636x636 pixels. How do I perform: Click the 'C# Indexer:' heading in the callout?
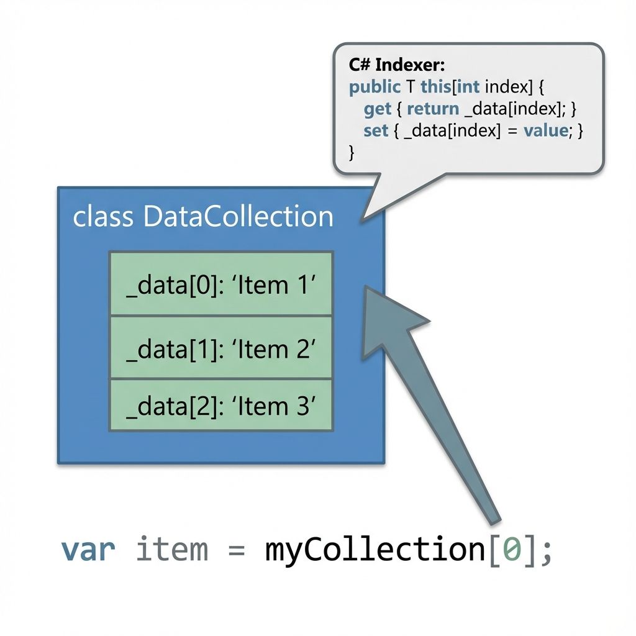pos(393,65)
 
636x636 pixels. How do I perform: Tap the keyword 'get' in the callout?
pos(378,109)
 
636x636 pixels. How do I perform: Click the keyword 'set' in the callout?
pos(376,132)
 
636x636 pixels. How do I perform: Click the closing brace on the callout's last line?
pos(353,152)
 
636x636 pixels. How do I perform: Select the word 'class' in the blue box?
pos(102,217)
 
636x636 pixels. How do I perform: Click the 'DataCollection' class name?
pos(238,217)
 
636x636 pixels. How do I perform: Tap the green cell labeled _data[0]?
pos(221,283)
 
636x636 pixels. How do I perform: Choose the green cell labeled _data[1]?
pos(221,348)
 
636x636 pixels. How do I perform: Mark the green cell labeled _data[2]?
pos(221,405)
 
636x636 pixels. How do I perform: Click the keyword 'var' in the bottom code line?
pos(88,550)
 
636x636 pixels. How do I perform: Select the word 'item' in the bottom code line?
pos(171,550)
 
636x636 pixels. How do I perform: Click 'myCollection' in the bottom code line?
pos(371,550)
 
